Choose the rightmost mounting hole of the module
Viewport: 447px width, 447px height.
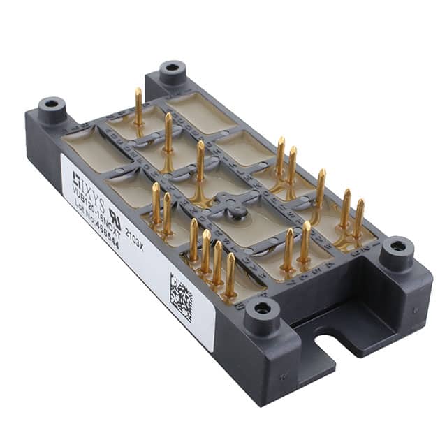pos(397,246)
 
